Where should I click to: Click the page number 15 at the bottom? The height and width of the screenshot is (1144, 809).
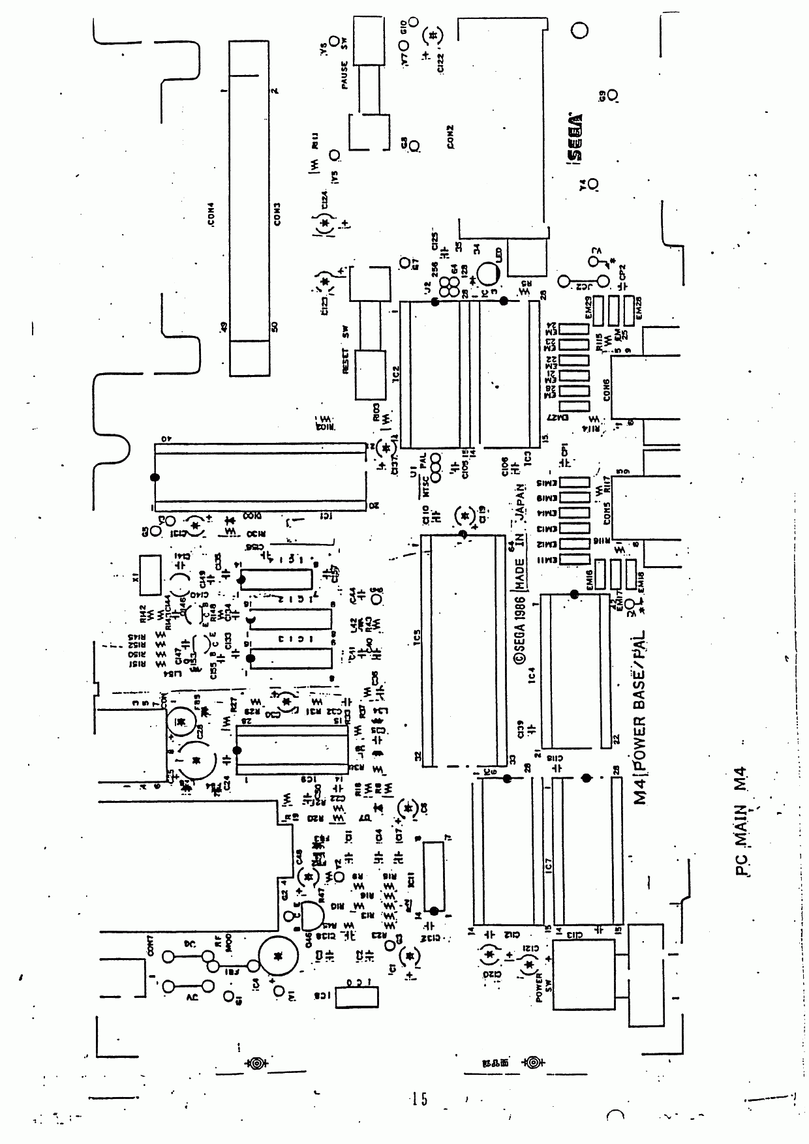(x=419, y=1099)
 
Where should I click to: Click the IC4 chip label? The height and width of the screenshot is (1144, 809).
(x=532, y=674)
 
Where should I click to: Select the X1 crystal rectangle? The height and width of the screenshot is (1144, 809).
(x=150, y=575)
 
